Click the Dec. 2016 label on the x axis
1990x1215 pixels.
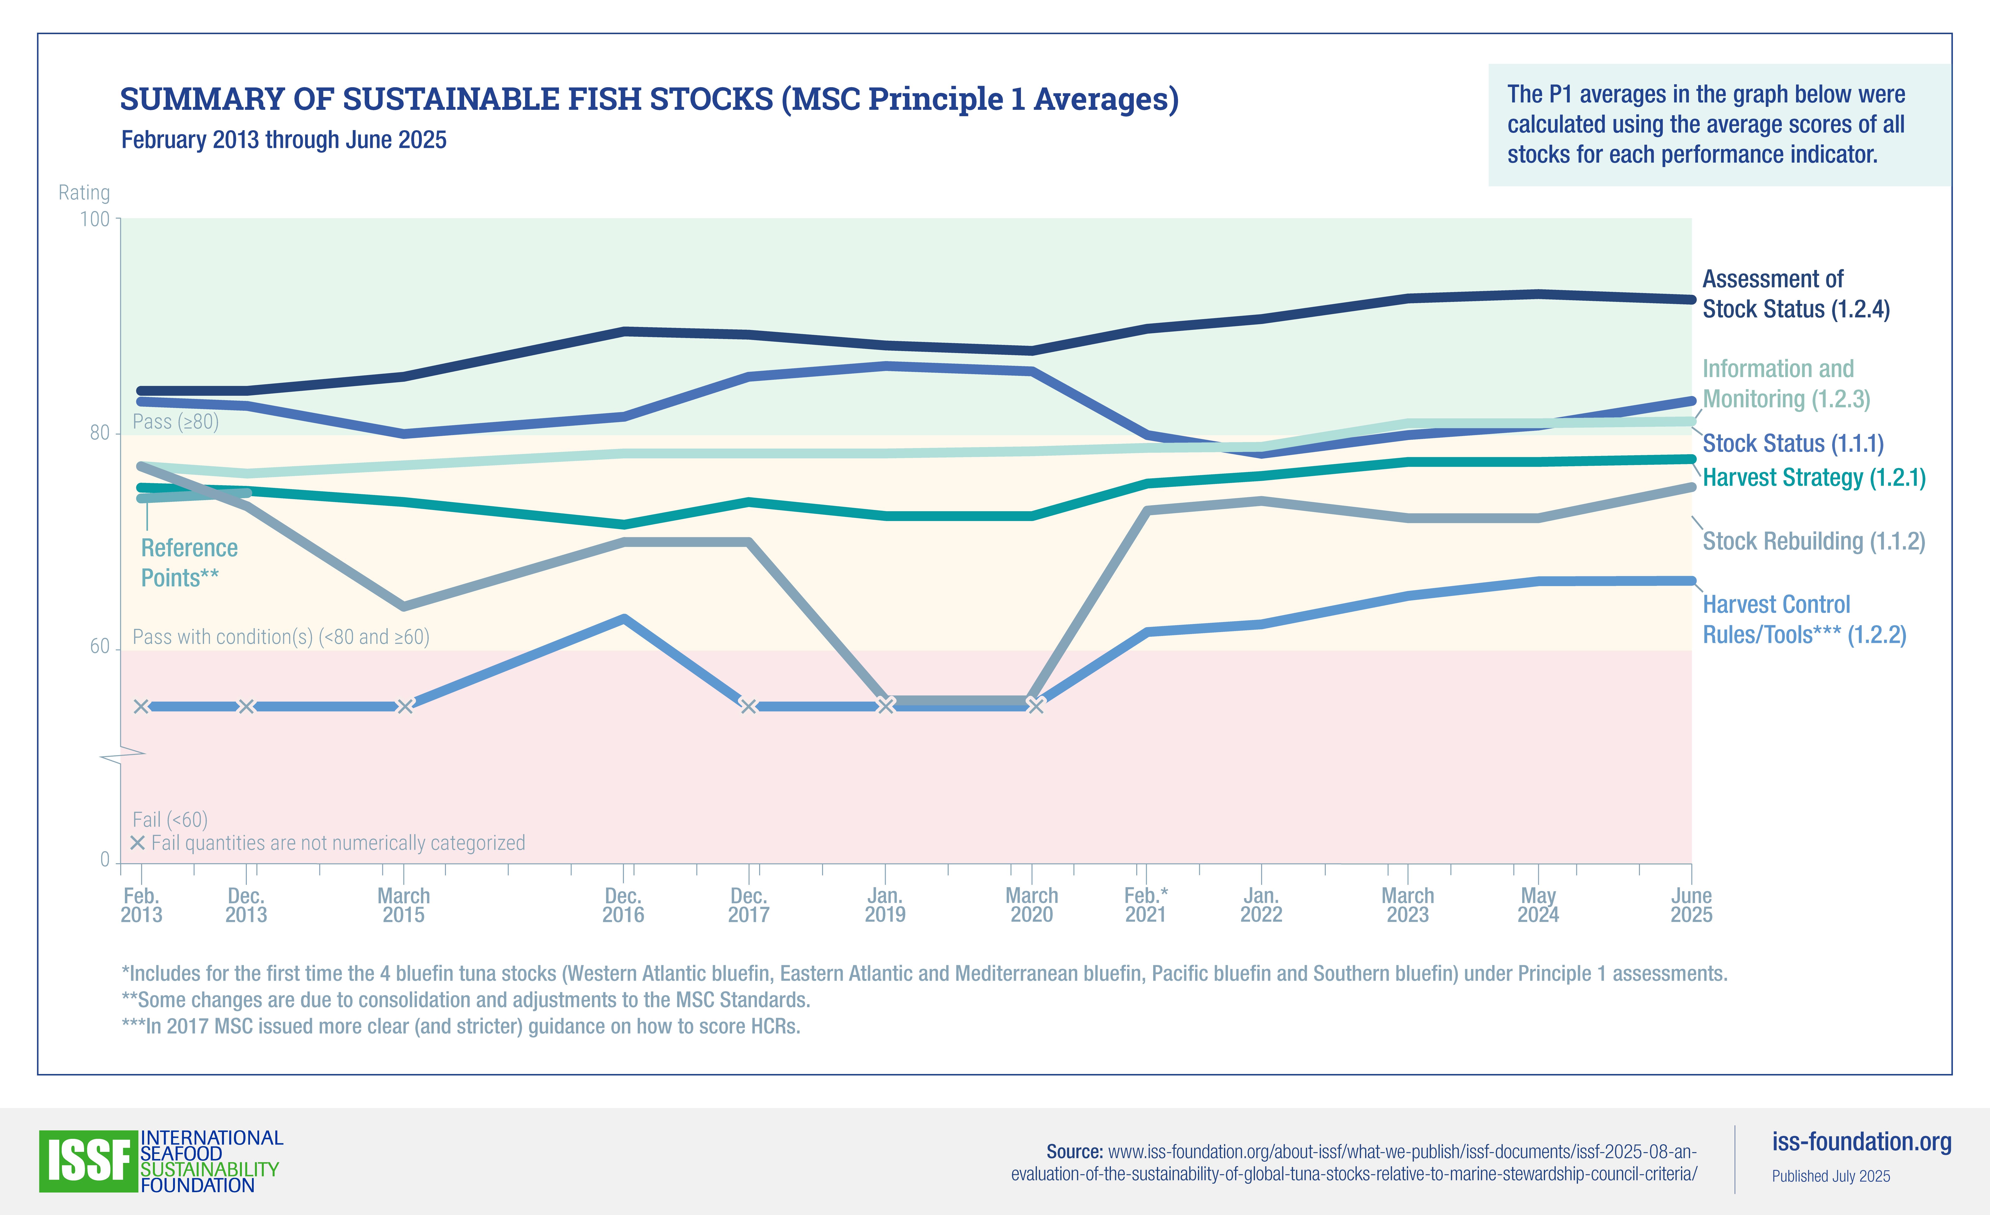click(623, 905)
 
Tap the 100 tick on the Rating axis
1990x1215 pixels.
click(94, 219)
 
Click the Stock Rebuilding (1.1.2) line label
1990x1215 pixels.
click(1813, 541)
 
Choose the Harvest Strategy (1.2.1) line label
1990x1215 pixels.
click(1813, 478)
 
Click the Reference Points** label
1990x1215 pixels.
click(189, 563)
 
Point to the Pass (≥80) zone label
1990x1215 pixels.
click(175, 421)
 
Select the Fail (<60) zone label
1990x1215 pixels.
click(170, 819)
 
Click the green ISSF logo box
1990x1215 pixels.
click(88, 1161)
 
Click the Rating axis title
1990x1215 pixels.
click(84, 193)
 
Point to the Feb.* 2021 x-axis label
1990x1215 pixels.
click(1145, 905)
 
